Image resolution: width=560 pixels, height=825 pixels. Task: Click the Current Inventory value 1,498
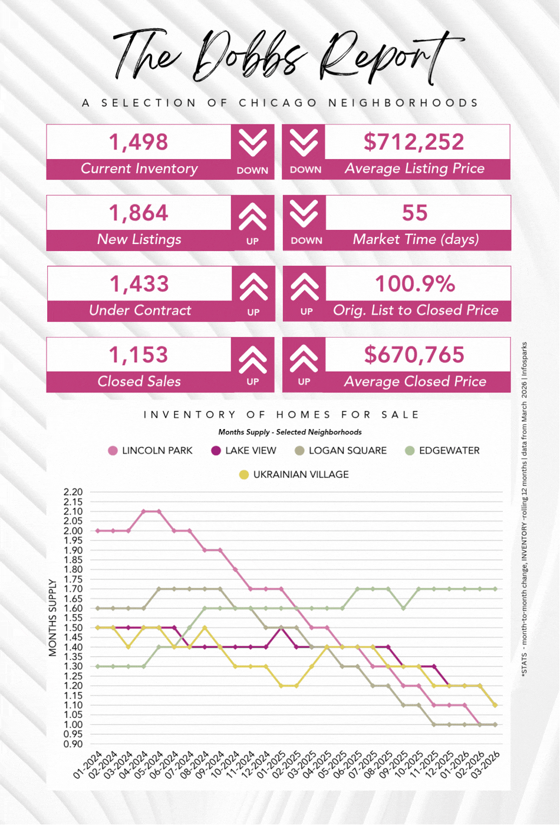point(139,142)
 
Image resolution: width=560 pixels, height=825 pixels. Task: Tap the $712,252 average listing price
point(414,142)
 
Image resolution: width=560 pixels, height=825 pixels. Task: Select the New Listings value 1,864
point(139,213)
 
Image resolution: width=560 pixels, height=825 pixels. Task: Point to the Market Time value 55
point(414,213)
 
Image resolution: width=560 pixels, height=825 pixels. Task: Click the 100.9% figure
point(415,283)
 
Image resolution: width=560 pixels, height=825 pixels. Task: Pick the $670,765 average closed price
point(414,355)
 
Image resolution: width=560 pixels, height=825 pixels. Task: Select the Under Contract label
point(140,311)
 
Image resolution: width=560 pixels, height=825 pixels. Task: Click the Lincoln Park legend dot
point(113,451)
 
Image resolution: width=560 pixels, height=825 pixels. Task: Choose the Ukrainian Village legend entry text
point(301,474)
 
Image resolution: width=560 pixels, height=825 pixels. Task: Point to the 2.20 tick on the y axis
point(74,492)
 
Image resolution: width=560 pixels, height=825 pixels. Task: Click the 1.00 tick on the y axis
point(74,725)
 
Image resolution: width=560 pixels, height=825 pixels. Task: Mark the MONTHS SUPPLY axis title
point(53,618)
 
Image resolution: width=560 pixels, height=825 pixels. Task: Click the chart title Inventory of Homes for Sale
point(281,415)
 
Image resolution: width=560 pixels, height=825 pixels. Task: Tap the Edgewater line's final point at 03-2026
point(495,589)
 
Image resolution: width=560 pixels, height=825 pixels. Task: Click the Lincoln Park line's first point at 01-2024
point(97,530)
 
